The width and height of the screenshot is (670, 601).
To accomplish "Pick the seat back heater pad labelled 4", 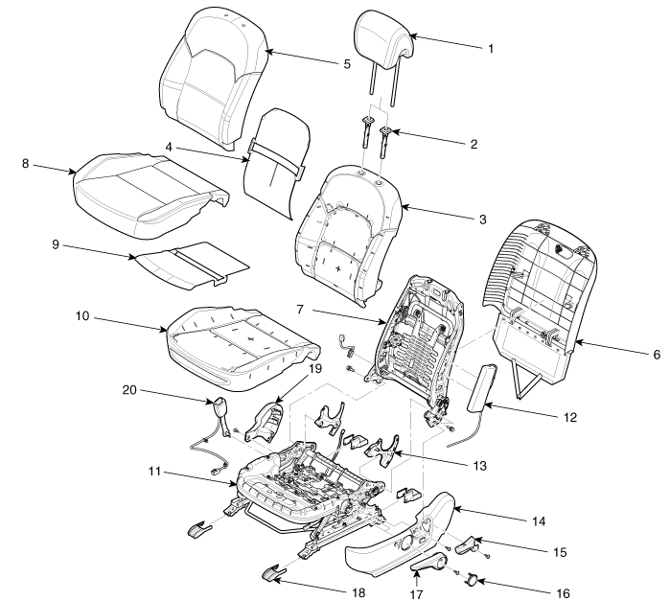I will (x=271, y=153).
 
